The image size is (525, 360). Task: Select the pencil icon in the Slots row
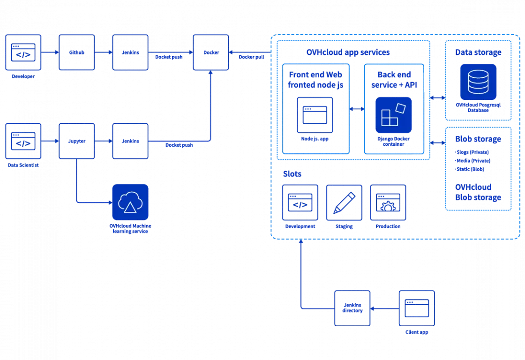coord(345,202)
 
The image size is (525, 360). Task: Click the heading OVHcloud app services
coord(347,52)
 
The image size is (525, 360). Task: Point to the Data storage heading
coord(478,52)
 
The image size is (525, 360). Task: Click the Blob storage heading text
coord(478,139)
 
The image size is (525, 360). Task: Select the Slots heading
coord(292,174)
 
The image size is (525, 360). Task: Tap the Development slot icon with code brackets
coord(300,202)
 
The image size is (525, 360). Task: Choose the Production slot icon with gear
coord(388,202)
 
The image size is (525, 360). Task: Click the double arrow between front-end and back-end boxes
coord(357,109)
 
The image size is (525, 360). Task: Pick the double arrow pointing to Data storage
coord(437,97)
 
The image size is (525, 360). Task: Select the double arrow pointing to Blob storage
coord(437,141)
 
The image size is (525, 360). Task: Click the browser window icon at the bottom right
coord(416,307)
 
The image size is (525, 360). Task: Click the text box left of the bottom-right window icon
coord(352,307)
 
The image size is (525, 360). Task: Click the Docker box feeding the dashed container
coord(210,52)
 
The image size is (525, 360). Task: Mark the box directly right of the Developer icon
coord(76,52)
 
